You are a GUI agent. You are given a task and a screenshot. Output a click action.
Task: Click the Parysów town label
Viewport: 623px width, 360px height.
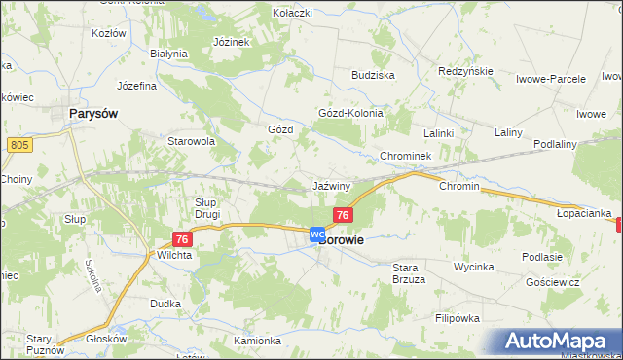point(94,114)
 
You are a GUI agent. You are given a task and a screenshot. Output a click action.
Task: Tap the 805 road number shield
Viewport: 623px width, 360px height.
point(17,145)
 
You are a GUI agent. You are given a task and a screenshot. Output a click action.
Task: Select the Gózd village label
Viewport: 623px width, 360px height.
point(280,129)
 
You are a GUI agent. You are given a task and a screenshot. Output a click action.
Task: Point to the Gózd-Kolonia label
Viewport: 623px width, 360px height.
point(351,113)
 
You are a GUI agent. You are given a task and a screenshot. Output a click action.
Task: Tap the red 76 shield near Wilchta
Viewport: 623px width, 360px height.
point(182,239)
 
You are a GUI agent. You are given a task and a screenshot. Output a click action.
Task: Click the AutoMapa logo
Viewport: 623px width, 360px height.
point(560,342)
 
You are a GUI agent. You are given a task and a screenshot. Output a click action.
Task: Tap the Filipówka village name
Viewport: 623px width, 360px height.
point(459,318)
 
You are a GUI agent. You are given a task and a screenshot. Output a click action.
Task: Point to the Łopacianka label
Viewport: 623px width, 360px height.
point(584,212)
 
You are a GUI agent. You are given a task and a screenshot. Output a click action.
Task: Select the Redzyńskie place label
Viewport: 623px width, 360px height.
point(466,72)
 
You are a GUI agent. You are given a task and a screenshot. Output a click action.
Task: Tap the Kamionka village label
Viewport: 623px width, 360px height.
point(257,341)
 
